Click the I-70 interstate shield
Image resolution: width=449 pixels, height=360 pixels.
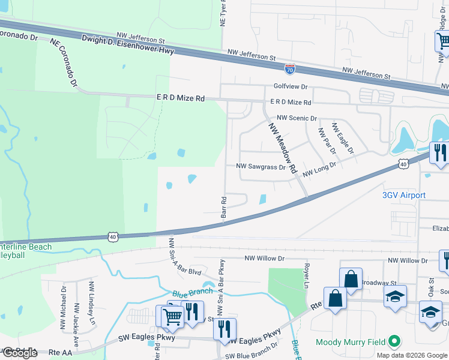(290, 70)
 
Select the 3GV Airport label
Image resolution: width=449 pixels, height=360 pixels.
(404, 195)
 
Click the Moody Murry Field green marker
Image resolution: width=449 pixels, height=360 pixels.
(394, 342)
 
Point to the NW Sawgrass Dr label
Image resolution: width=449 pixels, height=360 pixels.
(261, 167)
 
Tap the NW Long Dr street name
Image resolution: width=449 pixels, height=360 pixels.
(319, 172)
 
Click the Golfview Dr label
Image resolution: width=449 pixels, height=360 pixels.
(291, 86)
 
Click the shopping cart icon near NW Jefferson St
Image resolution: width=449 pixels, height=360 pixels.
(443, 41)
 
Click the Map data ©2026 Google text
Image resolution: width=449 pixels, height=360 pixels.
(411, 355)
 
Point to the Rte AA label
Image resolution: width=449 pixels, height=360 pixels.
(61, 352)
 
